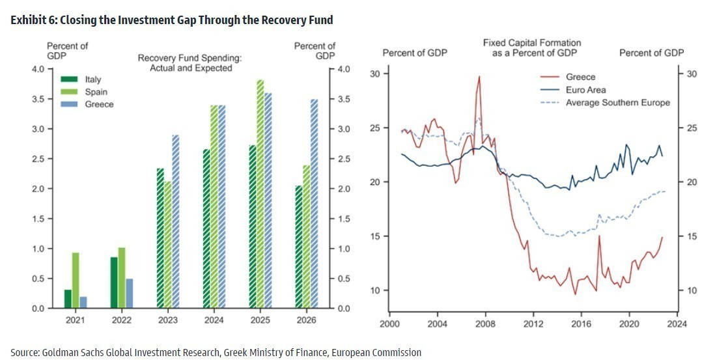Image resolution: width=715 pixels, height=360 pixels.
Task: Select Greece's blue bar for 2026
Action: tap(315, 204)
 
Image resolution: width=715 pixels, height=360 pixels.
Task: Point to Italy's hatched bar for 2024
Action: tap(206, 228)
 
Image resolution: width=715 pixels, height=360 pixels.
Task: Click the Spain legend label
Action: tap(97, 92)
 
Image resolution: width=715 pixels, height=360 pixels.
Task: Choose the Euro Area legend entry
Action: tap(586, 90)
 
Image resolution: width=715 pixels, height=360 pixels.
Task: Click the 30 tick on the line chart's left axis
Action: tap(374, 74)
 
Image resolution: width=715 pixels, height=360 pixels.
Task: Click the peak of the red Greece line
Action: tap(479, 77)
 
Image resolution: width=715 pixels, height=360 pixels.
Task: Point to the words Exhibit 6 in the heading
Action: tap(32, 20)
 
